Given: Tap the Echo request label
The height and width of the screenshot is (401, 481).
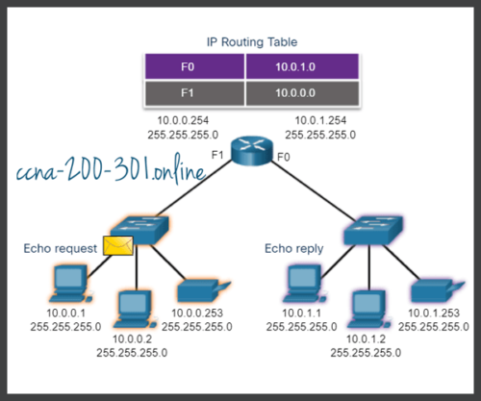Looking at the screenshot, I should [61, 249].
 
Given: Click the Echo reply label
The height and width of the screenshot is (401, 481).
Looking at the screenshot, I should [294, 248].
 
